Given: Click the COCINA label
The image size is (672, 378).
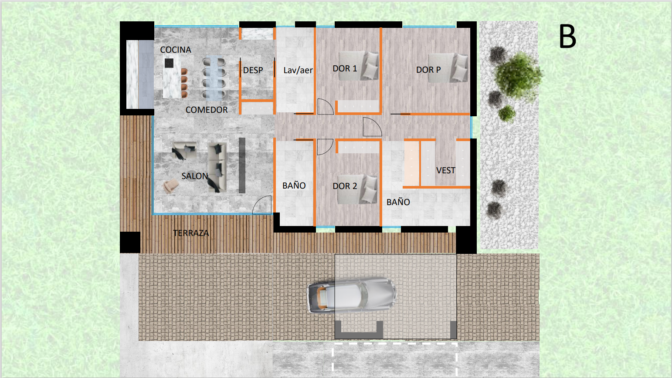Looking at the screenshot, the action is click(x=176, y=50).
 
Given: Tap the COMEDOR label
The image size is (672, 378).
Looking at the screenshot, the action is click(x=207, y=110).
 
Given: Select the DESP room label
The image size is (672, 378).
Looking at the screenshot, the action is click(x=253, y=70).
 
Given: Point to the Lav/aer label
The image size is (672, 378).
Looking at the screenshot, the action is click(x=298, y=70).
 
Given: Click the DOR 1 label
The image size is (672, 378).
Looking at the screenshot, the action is click(x=345, y=69).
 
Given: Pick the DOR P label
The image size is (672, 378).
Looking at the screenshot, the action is click(x=428, y=70).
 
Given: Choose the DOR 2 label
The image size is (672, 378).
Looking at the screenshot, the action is click(x=345, y=186).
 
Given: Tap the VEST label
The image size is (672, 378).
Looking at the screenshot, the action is click(x=445, y=171).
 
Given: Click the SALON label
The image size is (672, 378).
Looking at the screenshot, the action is click(x=194, y=176).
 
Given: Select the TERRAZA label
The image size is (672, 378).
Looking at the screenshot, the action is click(x=191, y=233).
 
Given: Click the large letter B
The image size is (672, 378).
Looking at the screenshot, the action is click(x=567, y=37).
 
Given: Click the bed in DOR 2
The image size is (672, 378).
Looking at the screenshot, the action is click(x=357, y=190).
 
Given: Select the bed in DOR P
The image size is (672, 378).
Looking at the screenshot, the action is click(x=448, y=68).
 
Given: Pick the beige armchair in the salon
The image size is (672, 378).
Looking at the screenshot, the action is click(x=170, y=186).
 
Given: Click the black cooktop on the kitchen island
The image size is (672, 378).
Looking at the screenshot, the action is click(x=169, y=63).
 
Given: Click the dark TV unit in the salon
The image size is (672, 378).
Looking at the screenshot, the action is click(x=242, y=165).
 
